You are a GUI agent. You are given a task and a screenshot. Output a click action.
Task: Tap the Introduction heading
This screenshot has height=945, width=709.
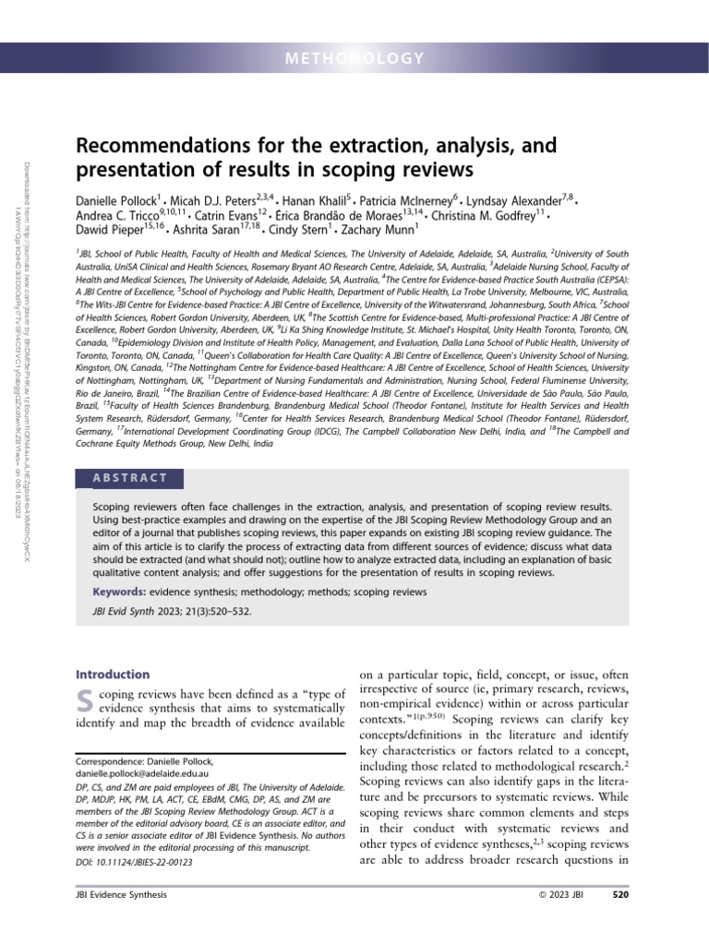[x=112, y=675]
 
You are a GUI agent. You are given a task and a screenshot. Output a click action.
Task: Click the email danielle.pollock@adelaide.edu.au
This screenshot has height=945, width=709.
[x=140, y=773]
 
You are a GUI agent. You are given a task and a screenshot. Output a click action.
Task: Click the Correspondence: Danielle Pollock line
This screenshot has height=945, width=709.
[x=144, y=761]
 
